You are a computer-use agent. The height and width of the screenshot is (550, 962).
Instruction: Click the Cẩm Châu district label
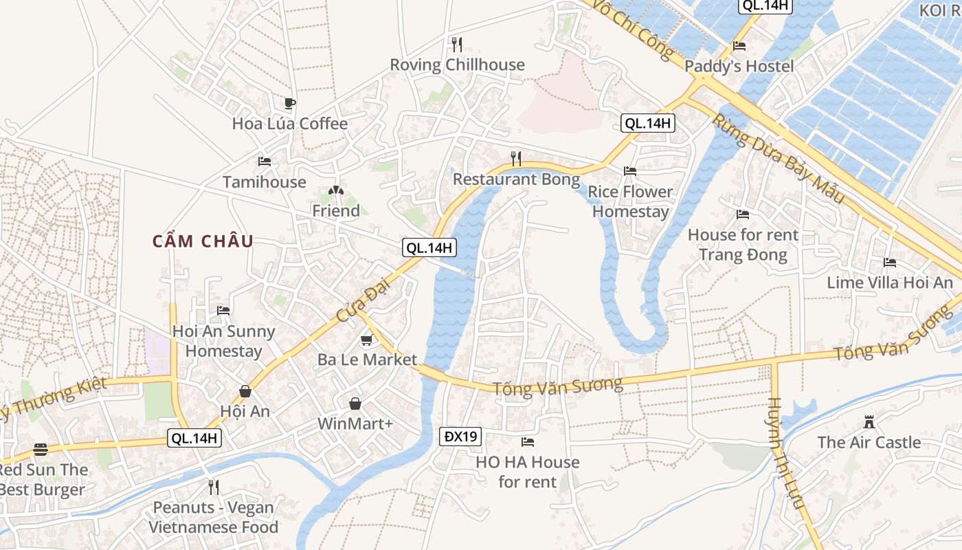[203, 241]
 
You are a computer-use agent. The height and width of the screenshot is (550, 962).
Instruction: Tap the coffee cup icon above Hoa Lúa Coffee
[290, 104]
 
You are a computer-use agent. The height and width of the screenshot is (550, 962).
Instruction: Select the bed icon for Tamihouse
[264, 162]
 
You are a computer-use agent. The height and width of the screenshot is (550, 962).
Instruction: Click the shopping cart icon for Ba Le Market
[366, 340]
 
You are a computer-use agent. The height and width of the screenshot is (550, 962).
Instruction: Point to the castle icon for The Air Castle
[869, 421]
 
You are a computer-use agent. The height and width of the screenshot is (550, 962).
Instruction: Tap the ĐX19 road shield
[460, 437]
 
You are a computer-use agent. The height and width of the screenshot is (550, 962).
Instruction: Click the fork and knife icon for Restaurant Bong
[516, 159]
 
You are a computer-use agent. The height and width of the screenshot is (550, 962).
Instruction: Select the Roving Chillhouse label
[457, 65]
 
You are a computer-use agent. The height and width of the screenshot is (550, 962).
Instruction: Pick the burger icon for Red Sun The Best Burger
[41, 450]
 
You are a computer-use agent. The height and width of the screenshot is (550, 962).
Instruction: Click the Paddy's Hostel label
[739, 67]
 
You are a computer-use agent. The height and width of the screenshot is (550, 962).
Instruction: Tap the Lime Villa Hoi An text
[890, 283]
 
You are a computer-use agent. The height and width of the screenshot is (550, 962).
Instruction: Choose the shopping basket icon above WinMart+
[355, 404]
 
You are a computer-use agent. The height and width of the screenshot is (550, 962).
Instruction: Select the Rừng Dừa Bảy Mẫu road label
[778, 158]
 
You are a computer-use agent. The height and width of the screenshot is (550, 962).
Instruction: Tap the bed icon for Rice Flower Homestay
[629, 171]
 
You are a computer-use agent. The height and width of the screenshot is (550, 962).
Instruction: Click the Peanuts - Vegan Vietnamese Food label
[213, 518]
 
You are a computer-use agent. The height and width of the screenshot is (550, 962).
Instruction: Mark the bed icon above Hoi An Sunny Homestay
[223, 311]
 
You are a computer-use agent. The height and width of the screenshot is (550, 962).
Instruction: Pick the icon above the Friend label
[335, 190]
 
